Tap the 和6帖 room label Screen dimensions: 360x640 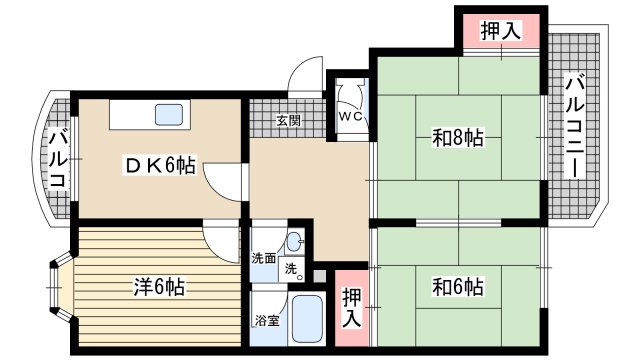tap(459, 287)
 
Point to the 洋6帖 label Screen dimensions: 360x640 tap(158, 287)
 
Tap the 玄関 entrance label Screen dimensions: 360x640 tap(289, 122)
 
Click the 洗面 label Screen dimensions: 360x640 tap(264, 257)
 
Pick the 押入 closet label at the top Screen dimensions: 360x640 tap(500, 31)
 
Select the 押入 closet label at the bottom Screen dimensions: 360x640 tap(351, 306)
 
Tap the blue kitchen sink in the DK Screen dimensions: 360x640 tap(169, 114)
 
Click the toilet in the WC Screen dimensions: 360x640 tap(350, 93)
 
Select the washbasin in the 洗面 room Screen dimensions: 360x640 tap(294, 241)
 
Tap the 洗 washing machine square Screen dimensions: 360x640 tap(290, 268)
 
